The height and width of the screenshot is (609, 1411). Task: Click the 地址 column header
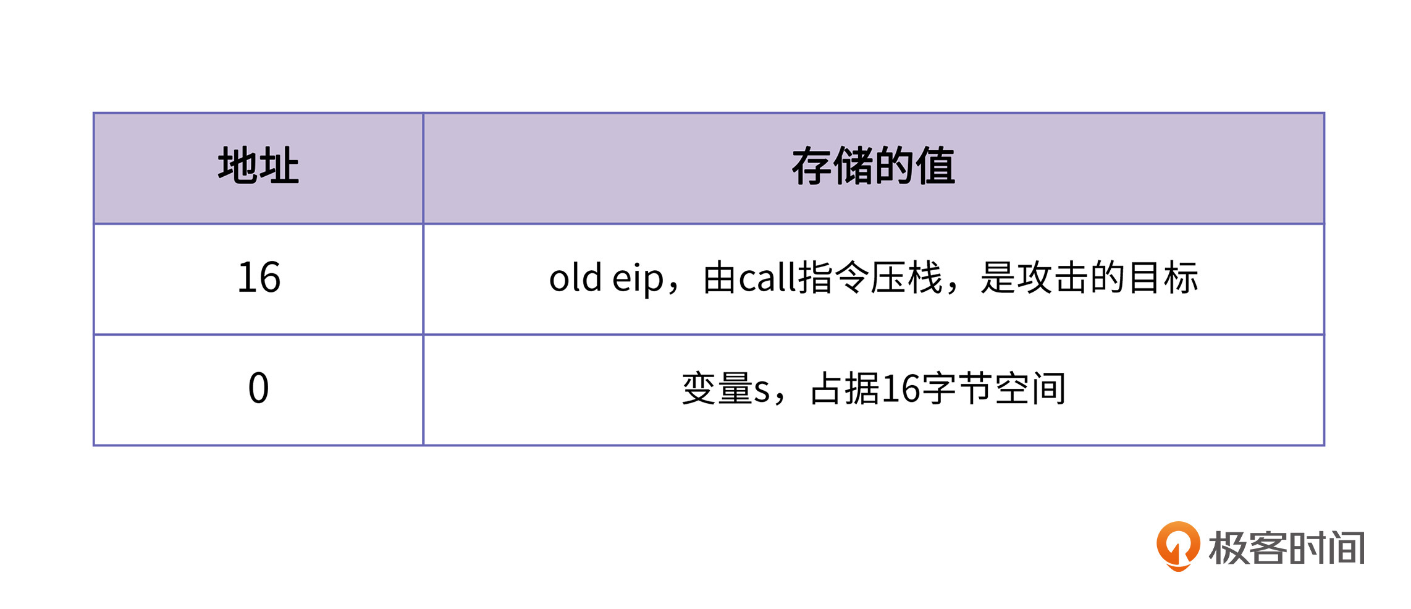(258, 166)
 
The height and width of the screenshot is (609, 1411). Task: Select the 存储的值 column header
(874, 166)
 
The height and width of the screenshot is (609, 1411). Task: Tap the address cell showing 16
(259, 278)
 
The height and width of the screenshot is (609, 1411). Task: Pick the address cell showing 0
(258, 388)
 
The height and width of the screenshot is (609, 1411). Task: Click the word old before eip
(575, 278)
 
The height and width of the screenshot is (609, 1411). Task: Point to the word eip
(638, 279)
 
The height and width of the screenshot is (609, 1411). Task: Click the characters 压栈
(906, 278)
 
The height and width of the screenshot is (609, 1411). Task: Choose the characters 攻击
(1053, 278)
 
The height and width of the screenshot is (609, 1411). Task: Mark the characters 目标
(1163, 278)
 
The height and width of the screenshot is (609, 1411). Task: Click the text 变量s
(726, 389)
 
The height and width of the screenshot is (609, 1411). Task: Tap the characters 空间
(1030, 389)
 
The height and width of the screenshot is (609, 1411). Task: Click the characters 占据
(846, 389)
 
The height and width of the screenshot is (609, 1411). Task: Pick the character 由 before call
(721, 278)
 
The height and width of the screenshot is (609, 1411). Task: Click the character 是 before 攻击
(998, 278)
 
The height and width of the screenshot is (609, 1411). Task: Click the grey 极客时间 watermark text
(1287, 548)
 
